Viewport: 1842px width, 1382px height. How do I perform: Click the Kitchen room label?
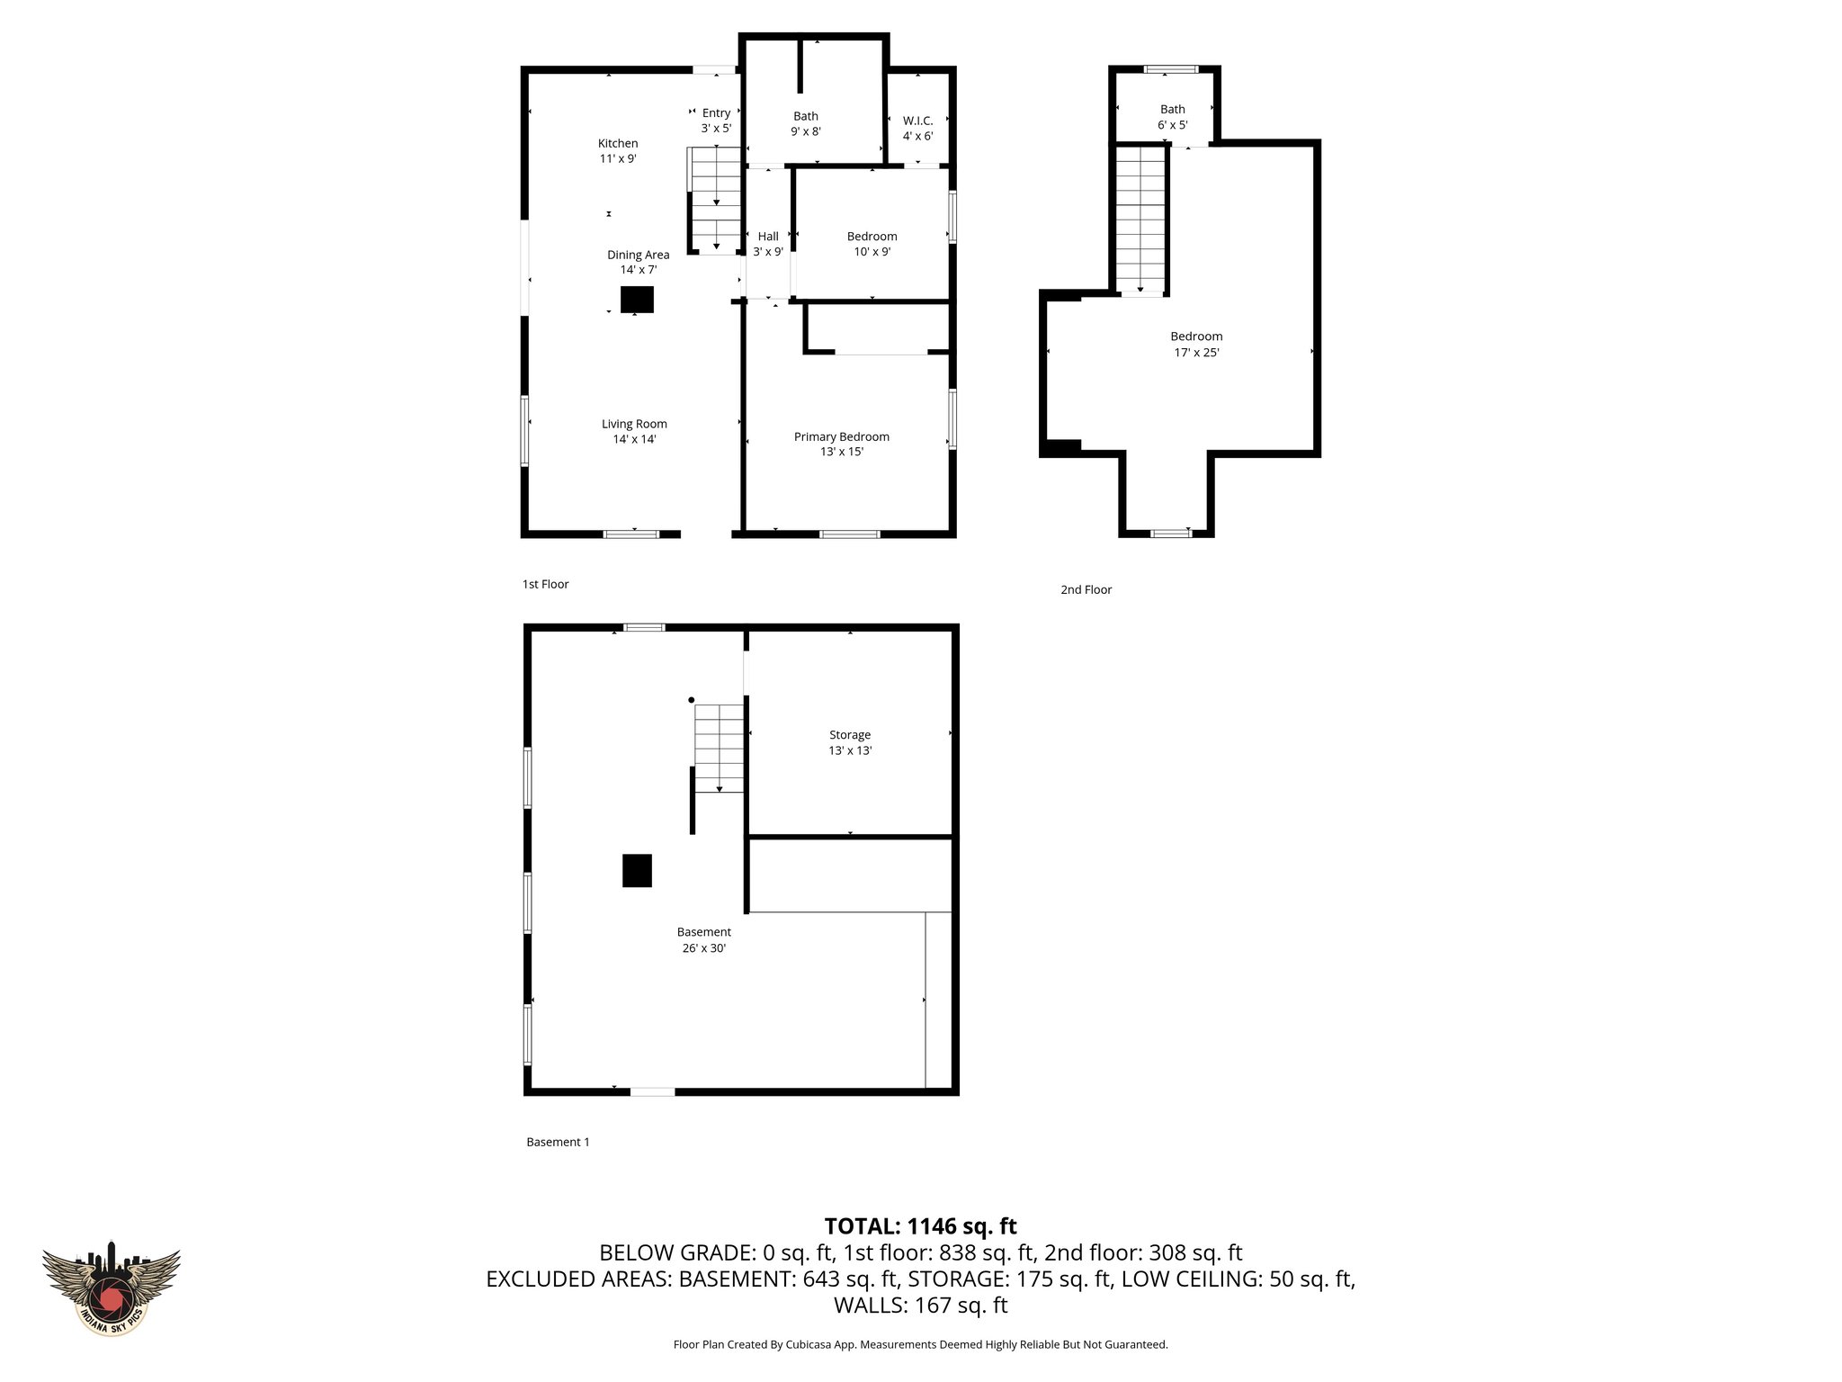[618, 150]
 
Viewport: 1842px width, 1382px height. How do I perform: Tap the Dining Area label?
[638, 262]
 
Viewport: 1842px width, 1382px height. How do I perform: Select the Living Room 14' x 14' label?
[634, 431]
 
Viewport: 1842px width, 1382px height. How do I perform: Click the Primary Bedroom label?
[841, 444]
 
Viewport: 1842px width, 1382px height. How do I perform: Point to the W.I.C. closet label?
[917, 128]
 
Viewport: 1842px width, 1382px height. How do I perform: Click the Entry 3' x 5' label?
[716, 120]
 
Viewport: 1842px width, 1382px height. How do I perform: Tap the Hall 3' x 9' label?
[767, 244]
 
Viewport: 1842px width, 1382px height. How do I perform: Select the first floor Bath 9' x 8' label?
[805, 123]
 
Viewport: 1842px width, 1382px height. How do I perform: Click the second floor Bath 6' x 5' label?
[1172, 117]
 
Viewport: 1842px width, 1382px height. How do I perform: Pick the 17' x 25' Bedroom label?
[1196, 344]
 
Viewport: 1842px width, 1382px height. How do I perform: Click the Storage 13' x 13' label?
[850, 742]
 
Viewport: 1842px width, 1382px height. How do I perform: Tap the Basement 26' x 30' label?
[703, 939]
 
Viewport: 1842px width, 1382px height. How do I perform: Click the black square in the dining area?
[637, 299]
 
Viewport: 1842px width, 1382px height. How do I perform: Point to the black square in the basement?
[637, 870]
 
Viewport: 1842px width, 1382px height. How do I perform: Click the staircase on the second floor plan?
[1140, 220]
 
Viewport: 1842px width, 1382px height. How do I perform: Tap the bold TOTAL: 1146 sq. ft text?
[920, 1225]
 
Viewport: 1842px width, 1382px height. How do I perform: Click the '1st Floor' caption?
[545, 584]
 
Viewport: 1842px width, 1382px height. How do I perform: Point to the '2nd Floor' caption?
[1086, 589]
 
